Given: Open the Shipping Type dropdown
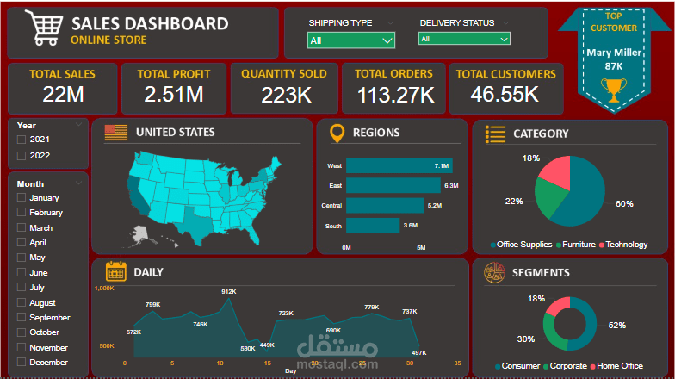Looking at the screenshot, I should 351,40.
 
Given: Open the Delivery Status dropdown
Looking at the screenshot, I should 464,39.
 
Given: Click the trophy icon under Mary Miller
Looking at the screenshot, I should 613,89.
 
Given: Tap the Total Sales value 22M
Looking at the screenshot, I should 63,95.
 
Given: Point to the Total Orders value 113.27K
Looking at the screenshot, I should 393,95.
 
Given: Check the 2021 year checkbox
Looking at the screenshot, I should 22,140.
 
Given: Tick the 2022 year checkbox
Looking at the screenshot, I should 22,156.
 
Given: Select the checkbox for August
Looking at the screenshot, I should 22,303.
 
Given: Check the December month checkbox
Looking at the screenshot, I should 22,363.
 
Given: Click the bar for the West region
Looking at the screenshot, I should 399,165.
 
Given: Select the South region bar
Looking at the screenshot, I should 373,226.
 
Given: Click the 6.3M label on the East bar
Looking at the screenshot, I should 450,185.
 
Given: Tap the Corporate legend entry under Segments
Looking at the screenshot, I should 567,366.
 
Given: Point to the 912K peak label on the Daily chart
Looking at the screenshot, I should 228,292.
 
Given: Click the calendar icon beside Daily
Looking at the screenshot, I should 115,271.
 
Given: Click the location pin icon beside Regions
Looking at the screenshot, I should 337,133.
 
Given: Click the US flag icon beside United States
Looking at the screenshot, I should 115,133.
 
